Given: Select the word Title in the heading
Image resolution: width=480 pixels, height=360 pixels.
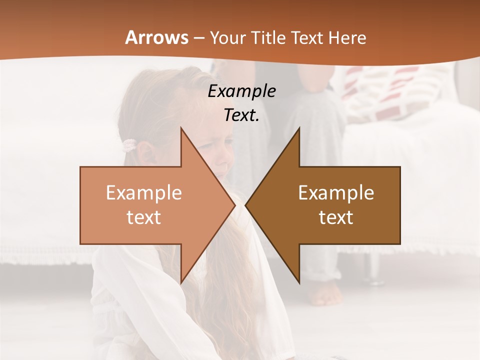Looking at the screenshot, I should click(x=269, y=37).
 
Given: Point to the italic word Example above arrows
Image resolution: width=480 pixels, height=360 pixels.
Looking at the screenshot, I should click(x=242, y=91).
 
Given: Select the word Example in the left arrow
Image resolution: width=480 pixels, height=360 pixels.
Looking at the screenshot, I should click(x=144, y=193).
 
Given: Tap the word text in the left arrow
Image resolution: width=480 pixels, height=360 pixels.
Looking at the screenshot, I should click(x=144, y=217).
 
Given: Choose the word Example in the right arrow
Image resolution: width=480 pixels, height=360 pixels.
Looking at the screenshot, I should click(x=336, y=193).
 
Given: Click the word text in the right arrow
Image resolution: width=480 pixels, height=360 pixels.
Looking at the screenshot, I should click(x=336, y=217).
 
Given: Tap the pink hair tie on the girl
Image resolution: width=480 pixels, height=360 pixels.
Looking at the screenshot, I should click(x=129, y=145).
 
